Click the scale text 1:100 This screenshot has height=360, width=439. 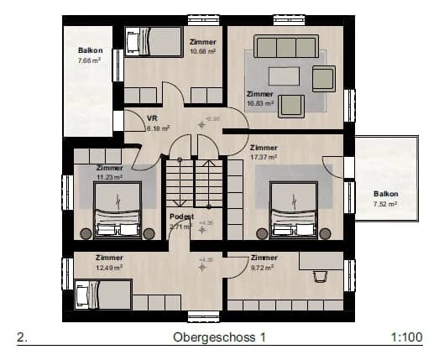pyautogui.click(x=406, y=337)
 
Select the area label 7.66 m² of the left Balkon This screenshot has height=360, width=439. pyautogui.click(x=90, y=60)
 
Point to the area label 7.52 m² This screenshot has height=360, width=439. pyautogui.click(x=385, y=202)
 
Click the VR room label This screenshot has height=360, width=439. pyautogui.click(x=153, y=118)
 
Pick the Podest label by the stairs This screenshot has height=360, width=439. pyautogui.click(x=182, y=217)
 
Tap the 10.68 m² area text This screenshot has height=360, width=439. pyautogui.click(x=203, y=51)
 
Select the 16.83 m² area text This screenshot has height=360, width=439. pyautogui.click(x=260, y=103)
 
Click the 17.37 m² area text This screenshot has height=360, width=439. pyautogui.click(x=264, y=157)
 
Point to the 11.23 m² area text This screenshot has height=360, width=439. pyautogui.click(x=109, y=178)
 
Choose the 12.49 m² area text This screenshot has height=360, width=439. pyautogui.click(x=109, y=267)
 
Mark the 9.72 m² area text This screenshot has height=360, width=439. pyautogui.click(x=264, y=267)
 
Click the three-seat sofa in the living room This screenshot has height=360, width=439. pyautogui.click(x=286, y=46)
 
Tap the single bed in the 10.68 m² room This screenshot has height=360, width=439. pyautogui.click(x=154, y=41)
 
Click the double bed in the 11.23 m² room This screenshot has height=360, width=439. pyautogui.click(x=116, y=211)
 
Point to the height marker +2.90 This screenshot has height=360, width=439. pyautogui.click(x=215, y=119)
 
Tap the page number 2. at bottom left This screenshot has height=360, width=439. pyautogui.click(x=23, y=337)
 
